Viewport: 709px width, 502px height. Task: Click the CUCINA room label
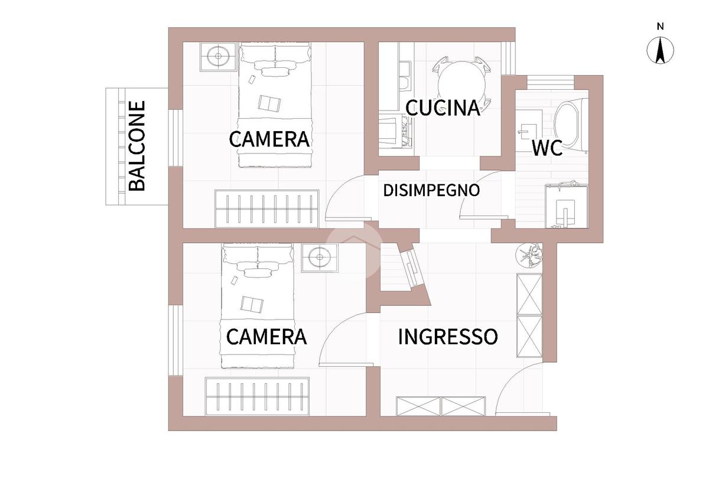click(x=443, y=108)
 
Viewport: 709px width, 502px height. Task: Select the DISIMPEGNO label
click(x=431, y=190)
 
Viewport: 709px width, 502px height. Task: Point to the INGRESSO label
click(x=448, y=337)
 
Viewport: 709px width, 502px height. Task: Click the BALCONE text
click(x=136, y=146)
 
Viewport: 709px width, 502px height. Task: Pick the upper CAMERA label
click(x=269, y=139)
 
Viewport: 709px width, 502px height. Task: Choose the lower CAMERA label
click(x=266, y=337)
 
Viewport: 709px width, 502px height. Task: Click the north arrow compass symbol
click(x=660, y=50)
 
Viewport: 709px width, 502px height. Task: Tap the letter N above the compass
click(x=661, y=27)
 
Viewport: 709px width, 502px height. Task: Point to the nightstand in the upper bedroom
click(x=218, y=57)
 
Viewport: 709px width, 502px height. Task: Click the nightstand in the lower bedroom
click(x=320, y=257)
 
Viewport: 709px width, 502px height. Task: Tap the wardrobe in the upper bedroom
click(x=267, y=208)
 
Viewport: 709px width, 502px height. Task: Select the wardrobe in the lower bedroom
click(x=257, y=396)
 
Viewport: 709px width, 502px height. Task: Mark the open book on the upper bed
click(x=269, y=103)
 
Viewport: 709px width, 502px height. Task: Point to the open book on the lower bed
click(x=252, y=304)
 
